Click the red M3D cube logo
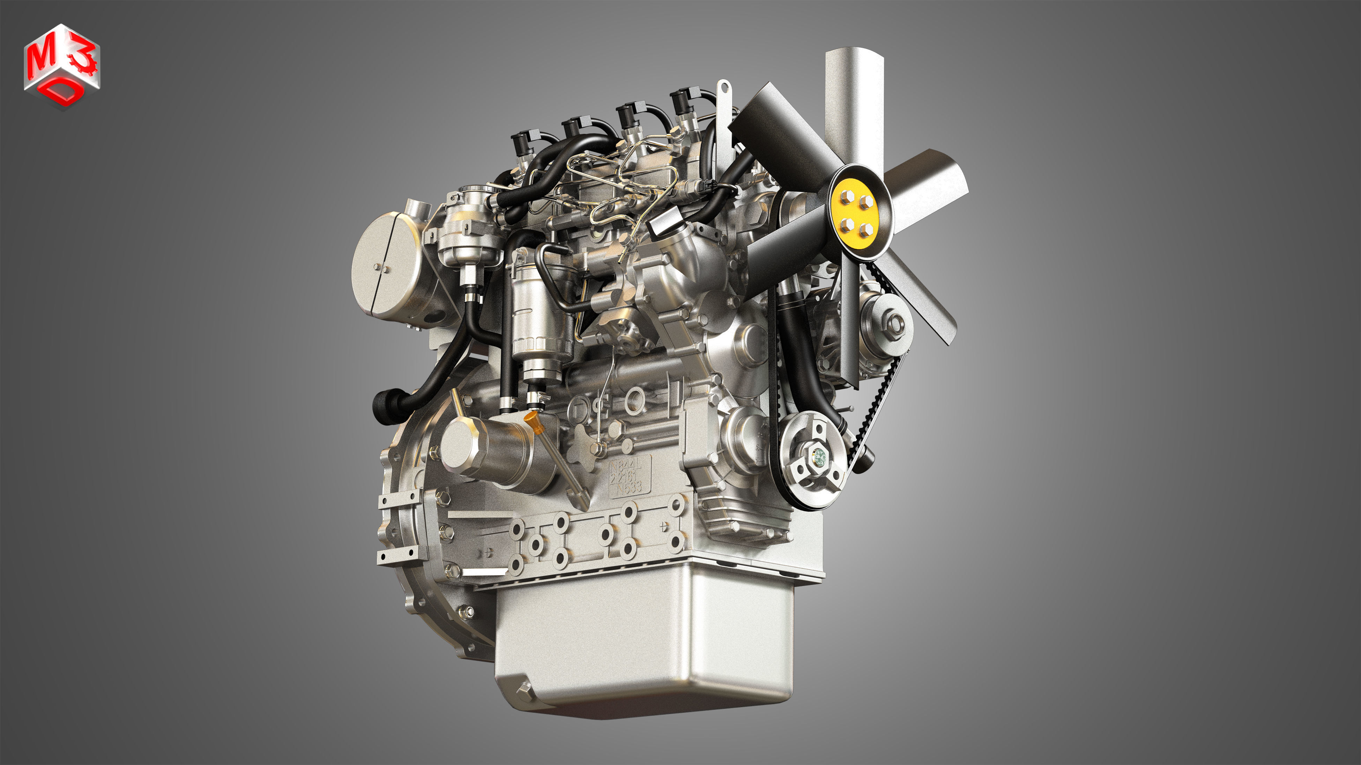click(61, 66)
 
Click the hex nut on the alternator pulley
click(895, 322)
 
